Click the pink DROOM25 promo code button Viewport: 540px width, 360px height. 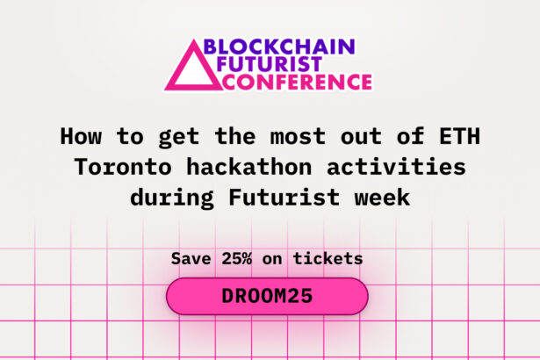pyautogui.click(x=267, y=297)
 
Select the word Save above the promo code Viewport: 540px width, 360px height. pyautogui.click(x=191, y=259)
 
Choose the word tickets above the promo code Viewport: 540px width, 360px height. pyautogui.click(x=331, y=259)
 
